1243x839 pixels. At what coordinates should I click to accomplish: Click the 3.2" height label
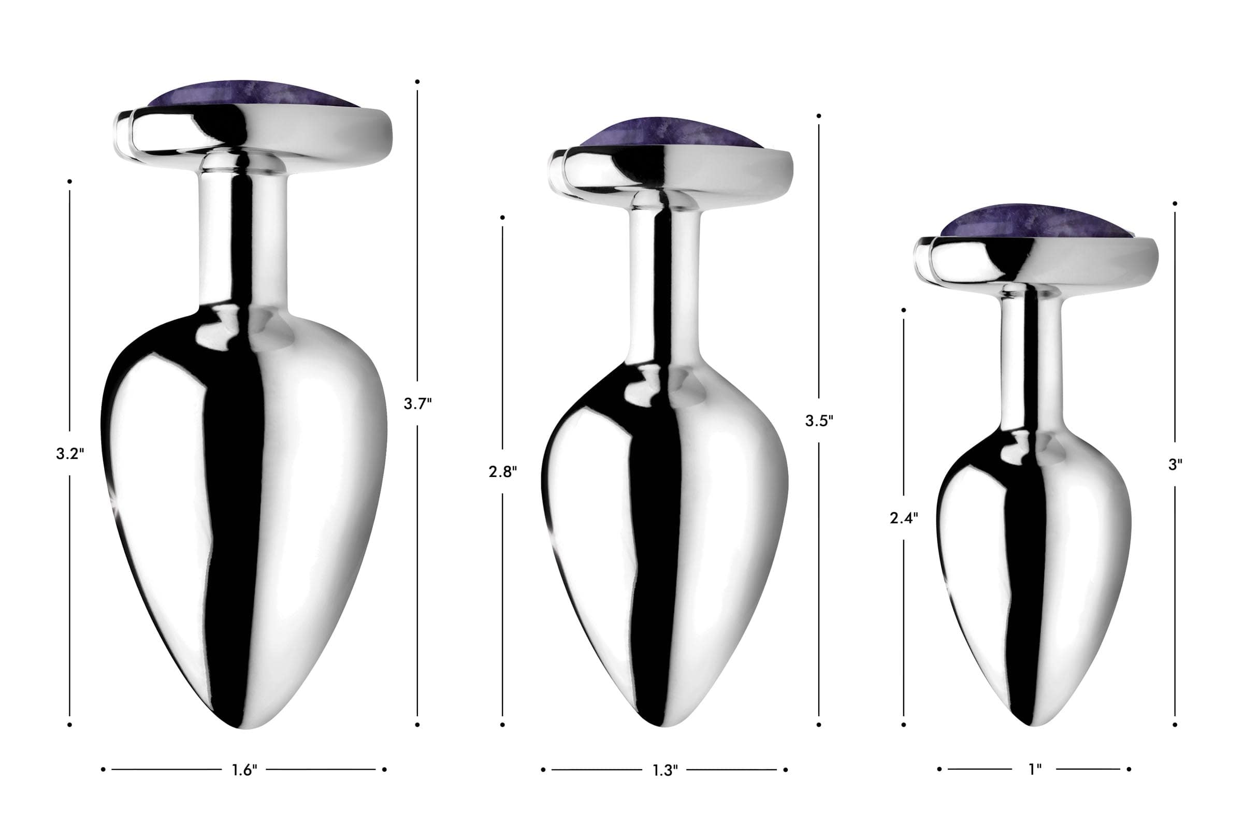pyautogui.click(x=70, y=454)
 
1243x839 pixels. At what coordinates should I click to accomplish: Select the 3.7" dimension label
pyautogui.click(x=418, y=404)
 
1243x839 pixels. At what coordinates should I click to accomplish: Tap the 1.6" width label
pyautogui.click(x=244, y=770)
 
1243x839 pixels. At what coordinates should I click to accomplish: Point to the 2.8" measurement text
pyautogui.click(x=503, y=472)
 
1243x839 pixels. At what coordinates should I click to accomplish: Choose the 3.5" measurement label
pyautogui.click(x=819, y=421)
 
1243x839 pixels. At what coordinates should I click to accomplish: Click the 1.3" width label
pyautogui.click(x=665, y=770)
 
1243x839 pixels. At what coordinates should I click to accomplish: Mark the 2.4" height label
pyautogui.click(x=904, y=517)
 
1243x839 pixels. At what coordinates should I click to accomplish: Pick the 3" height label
pyautogui.click(x=1175, y=465)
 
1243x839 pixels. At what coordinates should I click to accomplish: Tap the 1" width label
pyautogui.click(x=1035, y=770)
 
